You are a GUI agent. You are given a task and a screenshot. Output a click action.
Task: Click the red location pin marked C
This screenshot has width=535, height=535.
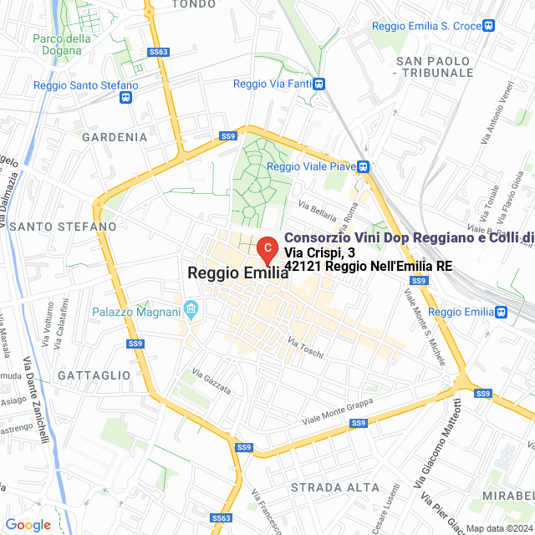coord(266,248)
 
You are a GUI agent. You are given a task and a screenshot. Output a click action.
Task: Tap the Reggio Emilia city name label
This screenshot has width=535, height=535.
coord(238,273)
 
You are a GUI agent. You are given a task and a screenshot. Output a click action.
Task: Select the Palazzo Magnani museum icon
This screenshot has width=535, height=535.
coord(191,312)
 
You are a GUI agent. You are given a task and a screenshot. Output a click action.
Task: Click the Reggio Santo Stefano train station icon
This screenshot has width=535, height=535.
coord(125,97)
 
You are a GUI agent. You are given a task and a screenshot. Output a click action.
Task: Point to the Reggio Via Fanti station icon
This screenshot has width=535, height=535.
coord(319,84)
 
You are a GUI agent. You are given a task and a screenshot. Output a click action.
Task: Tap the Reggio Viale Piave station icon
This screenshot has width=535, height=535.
coord(364,166)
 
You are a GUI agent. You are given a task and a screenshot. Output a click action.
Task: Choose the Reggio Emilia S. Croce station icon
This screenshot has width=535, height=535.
coord(492,27)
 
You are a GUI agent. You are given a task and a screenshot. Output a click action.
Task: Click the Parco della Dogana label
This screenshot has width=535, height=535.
coord(62,44)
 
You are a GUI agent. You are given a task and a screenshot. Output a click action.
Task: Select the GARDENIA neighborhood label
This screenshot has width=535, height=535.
coord(115,137)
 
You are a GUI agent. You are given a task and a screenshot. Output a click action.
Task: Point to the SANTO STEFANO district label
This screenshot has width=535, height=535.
coord(64,227)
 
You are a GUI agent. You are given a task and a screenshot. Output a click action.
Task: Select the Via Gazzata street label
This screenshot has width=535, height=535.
coord(211,381)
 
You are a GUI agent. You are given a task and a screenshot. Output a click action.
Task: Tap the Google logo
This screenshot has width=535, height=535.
coord(28,525)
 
